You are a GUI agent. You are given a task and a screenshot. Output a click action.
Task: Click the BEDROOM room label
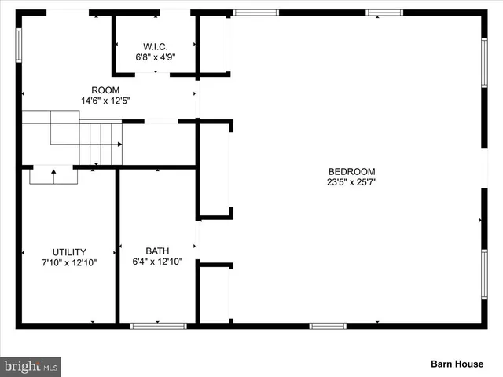tap(351, 171)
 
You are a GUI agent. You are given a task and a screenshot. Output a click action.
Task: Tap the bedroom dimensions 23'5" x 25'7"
tap(351, 182)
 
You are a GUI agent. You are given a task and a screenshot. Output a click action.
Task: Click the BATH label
tap(157, 251)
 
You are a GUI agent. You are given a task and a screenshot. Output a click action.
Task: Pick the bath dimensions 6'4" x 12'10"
tap(157, 262)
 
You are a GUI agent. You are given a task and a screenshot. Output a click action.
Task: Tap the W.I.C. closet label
tap(156, 46)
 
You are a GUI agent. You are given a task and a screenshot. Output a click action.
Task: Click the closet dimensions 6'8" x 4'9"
tap(156, 57)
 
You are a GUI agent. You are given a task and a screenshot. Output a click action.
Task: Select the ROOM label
tap(105, 90)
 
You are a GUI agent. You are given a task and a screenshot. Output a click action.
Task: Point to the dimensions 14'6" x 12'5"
tap(105, 101)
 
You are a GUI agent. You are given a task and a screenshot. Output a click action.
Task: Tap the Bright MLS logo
tap(31, 366)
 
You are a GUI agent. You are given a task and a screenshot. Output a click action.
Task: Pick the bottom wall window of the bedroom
tap(328, 325)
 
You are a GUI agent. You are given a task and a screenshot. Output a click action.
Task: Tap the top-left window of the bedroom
tap(256, 13)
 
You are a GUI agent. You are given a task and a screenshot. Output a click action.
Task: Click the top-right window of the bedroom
tap(384, 13)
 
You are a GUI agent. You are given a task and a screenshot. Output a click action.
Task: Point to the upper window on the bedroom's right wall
tap(484, 62)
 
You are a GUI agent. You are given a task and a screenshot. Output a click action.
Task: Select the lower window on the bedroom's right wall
tap(484, 274)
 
